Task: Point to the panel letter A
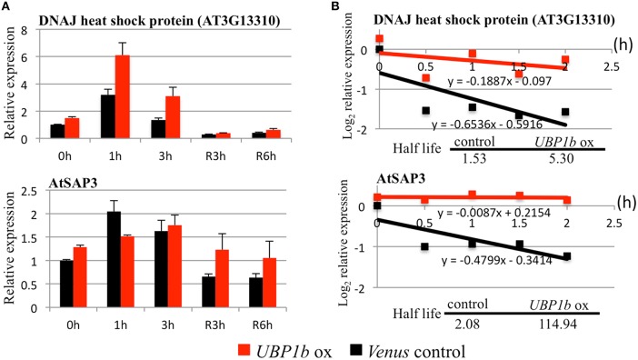point(6,7)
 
